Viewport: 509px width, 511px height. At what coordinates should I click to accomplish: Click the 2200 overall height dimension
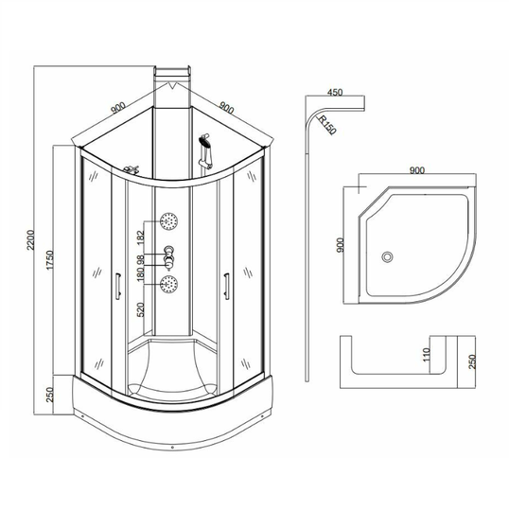click(x=30, y=239)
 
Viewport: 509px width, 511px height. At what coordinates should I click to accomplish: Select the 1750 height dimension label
click(x=49, y=259)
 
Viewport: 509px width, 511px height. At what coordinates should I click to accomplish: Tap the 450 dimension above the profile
click(x=335, y=92)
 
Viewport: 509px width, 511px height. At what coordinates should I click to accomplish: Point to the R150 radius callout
click(x=326, y=125)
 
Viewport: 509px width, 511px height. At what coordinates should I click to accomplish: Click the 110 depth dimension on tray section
click(x=427, y=355)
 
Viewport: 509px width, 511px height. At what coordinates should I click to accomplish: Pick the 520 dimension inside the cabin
click(x=140, y=309)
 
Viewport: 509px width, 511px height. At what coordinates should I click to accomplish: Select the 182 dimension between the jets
click(x=140, y=238)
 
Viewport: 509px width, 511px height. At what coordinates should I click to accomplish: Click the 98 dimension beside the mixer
click(x=140, y=259)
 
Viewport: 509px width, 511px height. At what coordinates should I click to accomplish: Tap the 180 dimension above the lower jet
click(x=140, y=274)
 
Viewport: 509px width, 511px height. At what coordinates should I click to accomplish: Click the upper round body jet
click(x=168, y=221)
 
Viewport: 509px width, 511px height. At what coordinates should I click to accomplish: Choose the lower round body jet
click(x=168, y=284)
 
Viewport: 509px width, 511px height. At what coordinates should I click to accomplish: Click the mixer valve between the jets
click(x=168, y=258)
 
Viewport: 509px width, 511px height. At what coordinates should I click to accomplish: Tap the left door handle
click(x=118, y=286)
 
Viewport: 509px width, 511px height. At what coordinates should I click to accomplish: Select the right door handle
click(x=226, y=286)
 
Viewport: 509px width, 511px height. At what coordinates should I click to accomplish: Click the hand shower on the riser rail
click(x=205, y=150)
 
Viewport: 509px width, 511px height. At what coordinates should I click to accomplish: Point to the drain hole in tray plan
click(x=388, y=256)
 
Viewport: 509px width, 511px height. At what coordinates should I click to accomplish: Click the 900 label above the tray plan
click(x=417, y=170)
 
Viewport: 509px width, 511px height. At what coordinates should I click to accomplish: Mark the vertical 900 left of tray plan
click(x=340, y=245)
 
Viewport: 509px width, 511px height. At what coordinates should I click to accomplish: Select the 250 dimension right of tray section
click(x=472, y=361)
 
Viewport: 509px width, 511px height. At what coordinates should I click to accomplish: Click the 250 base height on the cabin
click(x=49, y=395)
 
